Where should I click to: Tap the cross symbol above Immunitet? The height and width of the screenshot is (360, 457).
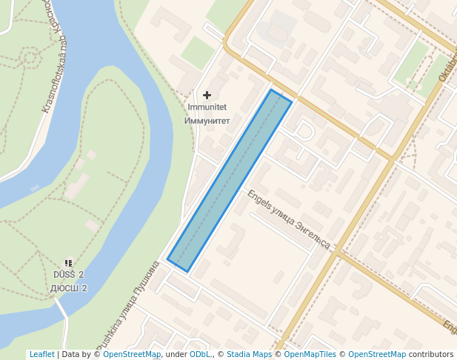coord(207,95)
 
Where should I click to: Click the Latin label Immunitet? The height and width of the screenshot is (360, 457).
coord(207,107)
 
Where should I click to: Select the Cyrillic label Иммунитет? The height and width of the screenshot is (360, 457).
coord(207,120)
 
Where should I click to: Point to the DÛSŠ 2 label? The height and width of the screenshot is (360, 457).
coord(68,275)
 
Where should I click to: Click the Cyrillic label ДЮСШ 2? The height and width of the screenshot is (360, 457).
coord(69,287)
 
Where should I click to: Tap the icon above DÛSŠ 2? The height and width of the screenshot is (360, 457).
coord(68,263)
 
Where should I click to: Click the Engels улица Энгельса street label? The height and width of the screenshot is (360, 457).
coord(289,220)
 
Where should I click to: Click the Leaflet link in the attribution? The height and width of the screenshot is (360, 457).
coord(41,354)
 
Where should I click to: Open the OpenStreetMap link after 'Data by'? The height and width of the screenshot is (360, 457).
coord(131,354)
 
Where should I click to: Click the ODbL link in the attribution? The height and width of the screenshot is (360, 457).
coord(200,354)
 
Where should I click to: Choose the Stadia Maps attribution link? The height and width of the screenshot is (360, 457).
coord(249,354)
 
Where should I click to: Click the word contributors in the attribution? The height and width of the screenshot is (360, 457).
coord(431,354)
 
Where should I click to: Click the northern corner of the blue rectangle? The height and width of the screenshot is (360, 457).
coord(271,90)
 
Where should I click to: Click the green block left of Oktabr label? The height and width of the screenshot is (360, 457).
coord(411,62)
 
